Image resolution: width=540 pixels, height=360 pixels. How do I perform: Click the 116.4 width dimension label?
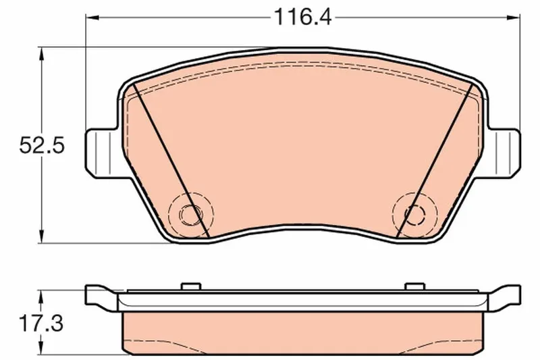pyautogui.click(x=302, y=18)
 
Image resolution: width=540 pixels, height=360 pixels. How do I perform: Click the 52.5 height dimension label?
pyautogui.click(x=42, y=145)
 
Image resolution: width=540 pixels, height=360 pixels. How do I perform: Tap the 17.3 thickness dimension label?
pyautogui.click(x=42, y=324)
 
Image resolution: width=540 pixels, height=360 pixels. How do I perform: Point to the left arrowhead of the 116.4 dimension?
pyautogui.click(x=92, y=17)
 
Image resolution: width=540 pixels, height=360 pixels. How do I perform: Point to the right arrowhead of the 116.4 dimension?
pyautogui.click(x=513, y=17)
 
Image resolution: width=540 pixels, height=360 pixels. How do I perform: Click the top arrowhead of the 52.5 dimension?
pyautogui.click(x=42, y=54)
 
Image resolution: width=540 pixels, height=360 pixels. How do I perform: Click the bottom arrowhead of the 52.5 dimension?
pyautogui.click(x=42, y=236)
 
